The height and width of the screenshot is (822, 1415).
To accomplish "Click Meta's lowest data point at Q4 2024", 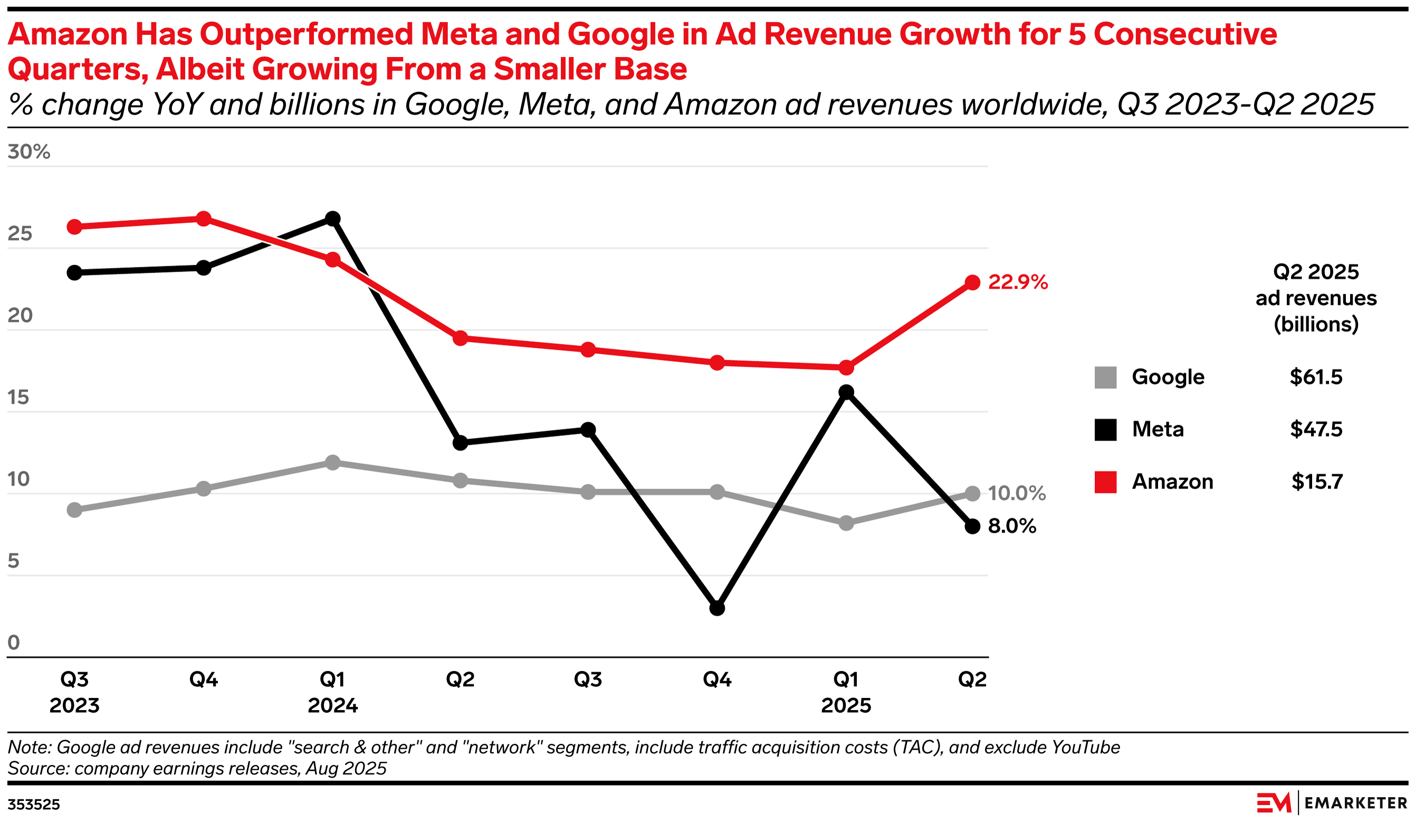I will pyautogui.click(x=717, y=608).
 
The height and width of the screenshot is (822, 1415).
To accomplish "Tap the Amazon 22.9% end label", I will pyautogui.click(x=1017, y=282).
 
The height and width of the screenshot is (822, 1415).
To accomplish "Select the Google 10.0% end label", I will pyautogui.click(x=1016, y=493).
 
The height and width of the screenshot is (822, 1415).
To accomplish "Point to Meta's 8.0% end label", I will pyautogui.click(x=1012, y=525).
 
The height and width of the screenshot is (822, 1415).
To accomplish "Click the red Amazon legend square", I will pyautogui.click(x=1105, y=482).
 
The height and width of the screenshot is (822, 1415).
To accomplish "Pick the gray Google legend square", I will pyautogui.click(x=1105, y=377).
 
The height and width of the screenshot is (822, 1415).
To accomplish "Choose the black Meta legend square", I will pyautogui.click(x=1105, y=429).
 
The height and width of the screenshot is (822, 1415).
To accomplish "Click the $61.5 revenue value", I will pyautogui.click(x=1316, y=377).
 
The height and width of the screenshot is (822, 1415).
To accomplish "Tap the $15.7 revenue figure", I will pyautogui.click(x=1317, y=482).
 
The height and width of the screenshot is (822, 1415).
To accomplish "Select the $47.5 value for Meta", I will pyautogui.click(x=1316, y=429).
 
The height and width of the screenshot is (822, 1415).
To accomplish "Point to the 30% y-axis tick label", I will pyautogui.click(x=28, y=151).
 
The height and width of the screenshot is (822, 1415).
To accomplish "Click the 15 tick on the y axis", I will pyautogui.click(x=18, y=397).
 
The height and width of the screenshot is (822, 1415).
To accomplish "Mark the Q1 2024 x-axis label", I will pyautogui.click(x=332, y=692).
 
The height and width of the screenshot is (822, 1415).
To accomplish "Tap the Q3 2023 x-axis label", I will pyautogui.click(x=74, y=692).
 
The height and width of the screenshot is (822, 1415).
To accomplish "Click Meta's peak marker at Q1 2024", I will pyautogui.click(x=332, y=218).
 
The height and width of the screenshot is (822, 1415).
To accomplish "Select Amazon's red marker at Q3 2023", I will pyautogui.click(x=74, y=227).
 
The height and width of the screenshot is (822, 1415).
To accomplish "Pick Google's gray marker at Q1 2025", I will pyautogui.click(x=846, y=523).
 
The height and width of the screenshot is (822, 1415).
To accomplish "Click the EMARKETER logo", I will pyautogui.click(x=1331, y=803).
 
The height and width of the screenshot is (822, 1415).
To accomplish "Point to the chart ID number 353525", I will pyautogui.click(x=34, y=805).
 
